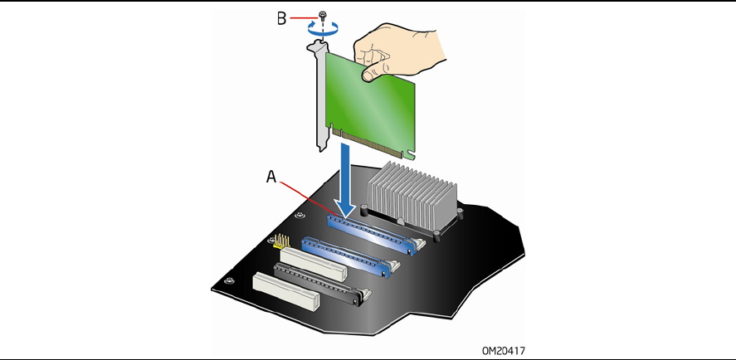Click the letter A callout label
click(271, 177)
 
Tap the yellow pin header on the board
click(278, 242)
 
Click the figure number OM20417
click(504, 350)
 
